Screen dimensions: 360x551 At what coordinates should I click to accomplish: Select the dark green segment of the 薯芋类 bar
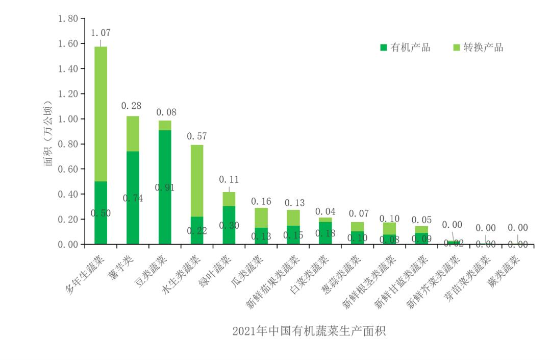pos(133,174)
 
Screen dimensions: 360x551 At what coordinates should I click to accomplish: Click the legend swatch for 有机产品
pos(384,47)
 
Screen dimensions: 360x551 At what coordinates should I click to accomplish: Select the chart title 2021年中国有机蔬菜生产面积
pos(308,331)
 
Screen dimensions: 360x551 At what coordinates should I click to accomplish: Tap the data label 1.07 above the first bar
pos(101,33)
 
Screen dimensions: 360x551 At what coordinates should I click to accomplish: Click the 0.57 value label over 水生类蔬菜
pos(197,136)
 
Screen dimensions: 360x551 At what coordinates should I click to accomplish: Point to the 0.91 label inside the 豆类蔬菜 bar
pos(165,188)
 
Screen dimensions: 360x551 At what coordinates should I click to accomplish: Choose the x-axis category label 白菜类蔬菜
pos(308,273)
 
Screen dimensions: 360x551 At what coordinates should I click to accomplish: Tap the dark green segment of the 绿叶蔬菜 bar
pos(229,225)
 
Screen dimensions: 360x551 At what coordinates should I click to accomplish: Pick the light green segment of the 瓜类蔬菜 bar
pos(261,218)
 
